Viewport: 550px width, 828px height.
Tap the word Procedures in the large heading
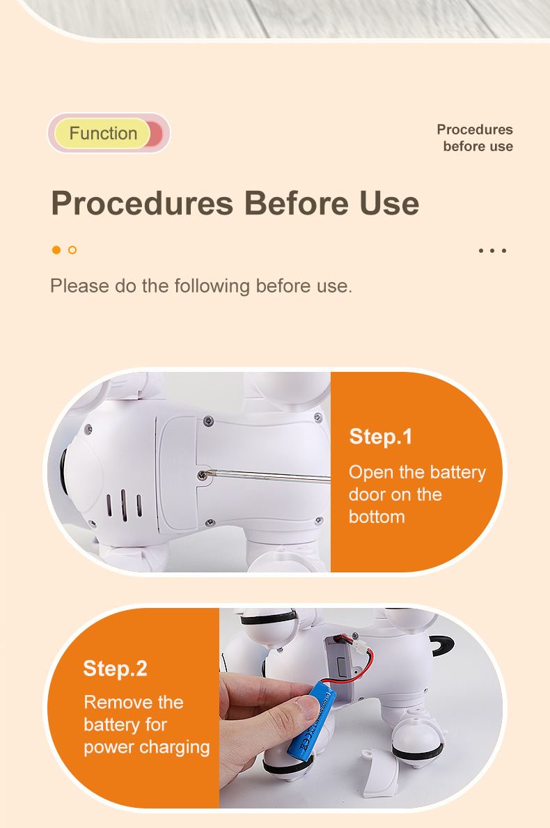coord(142,204)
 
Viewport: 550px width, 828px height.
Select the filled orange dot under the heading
coord(56,250)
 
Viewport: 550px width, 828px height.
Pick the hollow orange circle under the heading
coord(72,250)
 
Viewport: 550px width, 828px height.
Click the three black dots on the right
coord(492,250)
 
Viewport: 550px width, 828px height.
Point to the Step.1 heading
coord(381,437)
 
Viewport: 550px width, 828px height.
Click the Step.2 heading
coord(115,669)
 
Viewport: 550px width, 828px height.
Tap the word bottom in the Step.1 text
coord(377,517)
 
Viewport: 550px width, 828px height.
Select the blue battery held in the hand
coord(311,721)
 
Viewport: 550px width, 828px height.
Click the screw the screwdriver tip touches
coord(202,475)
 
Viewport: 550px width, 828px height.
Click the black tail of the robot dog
coord(442,645)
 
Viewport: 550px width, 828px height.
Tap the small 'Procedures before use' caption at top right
coord(475,138)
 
